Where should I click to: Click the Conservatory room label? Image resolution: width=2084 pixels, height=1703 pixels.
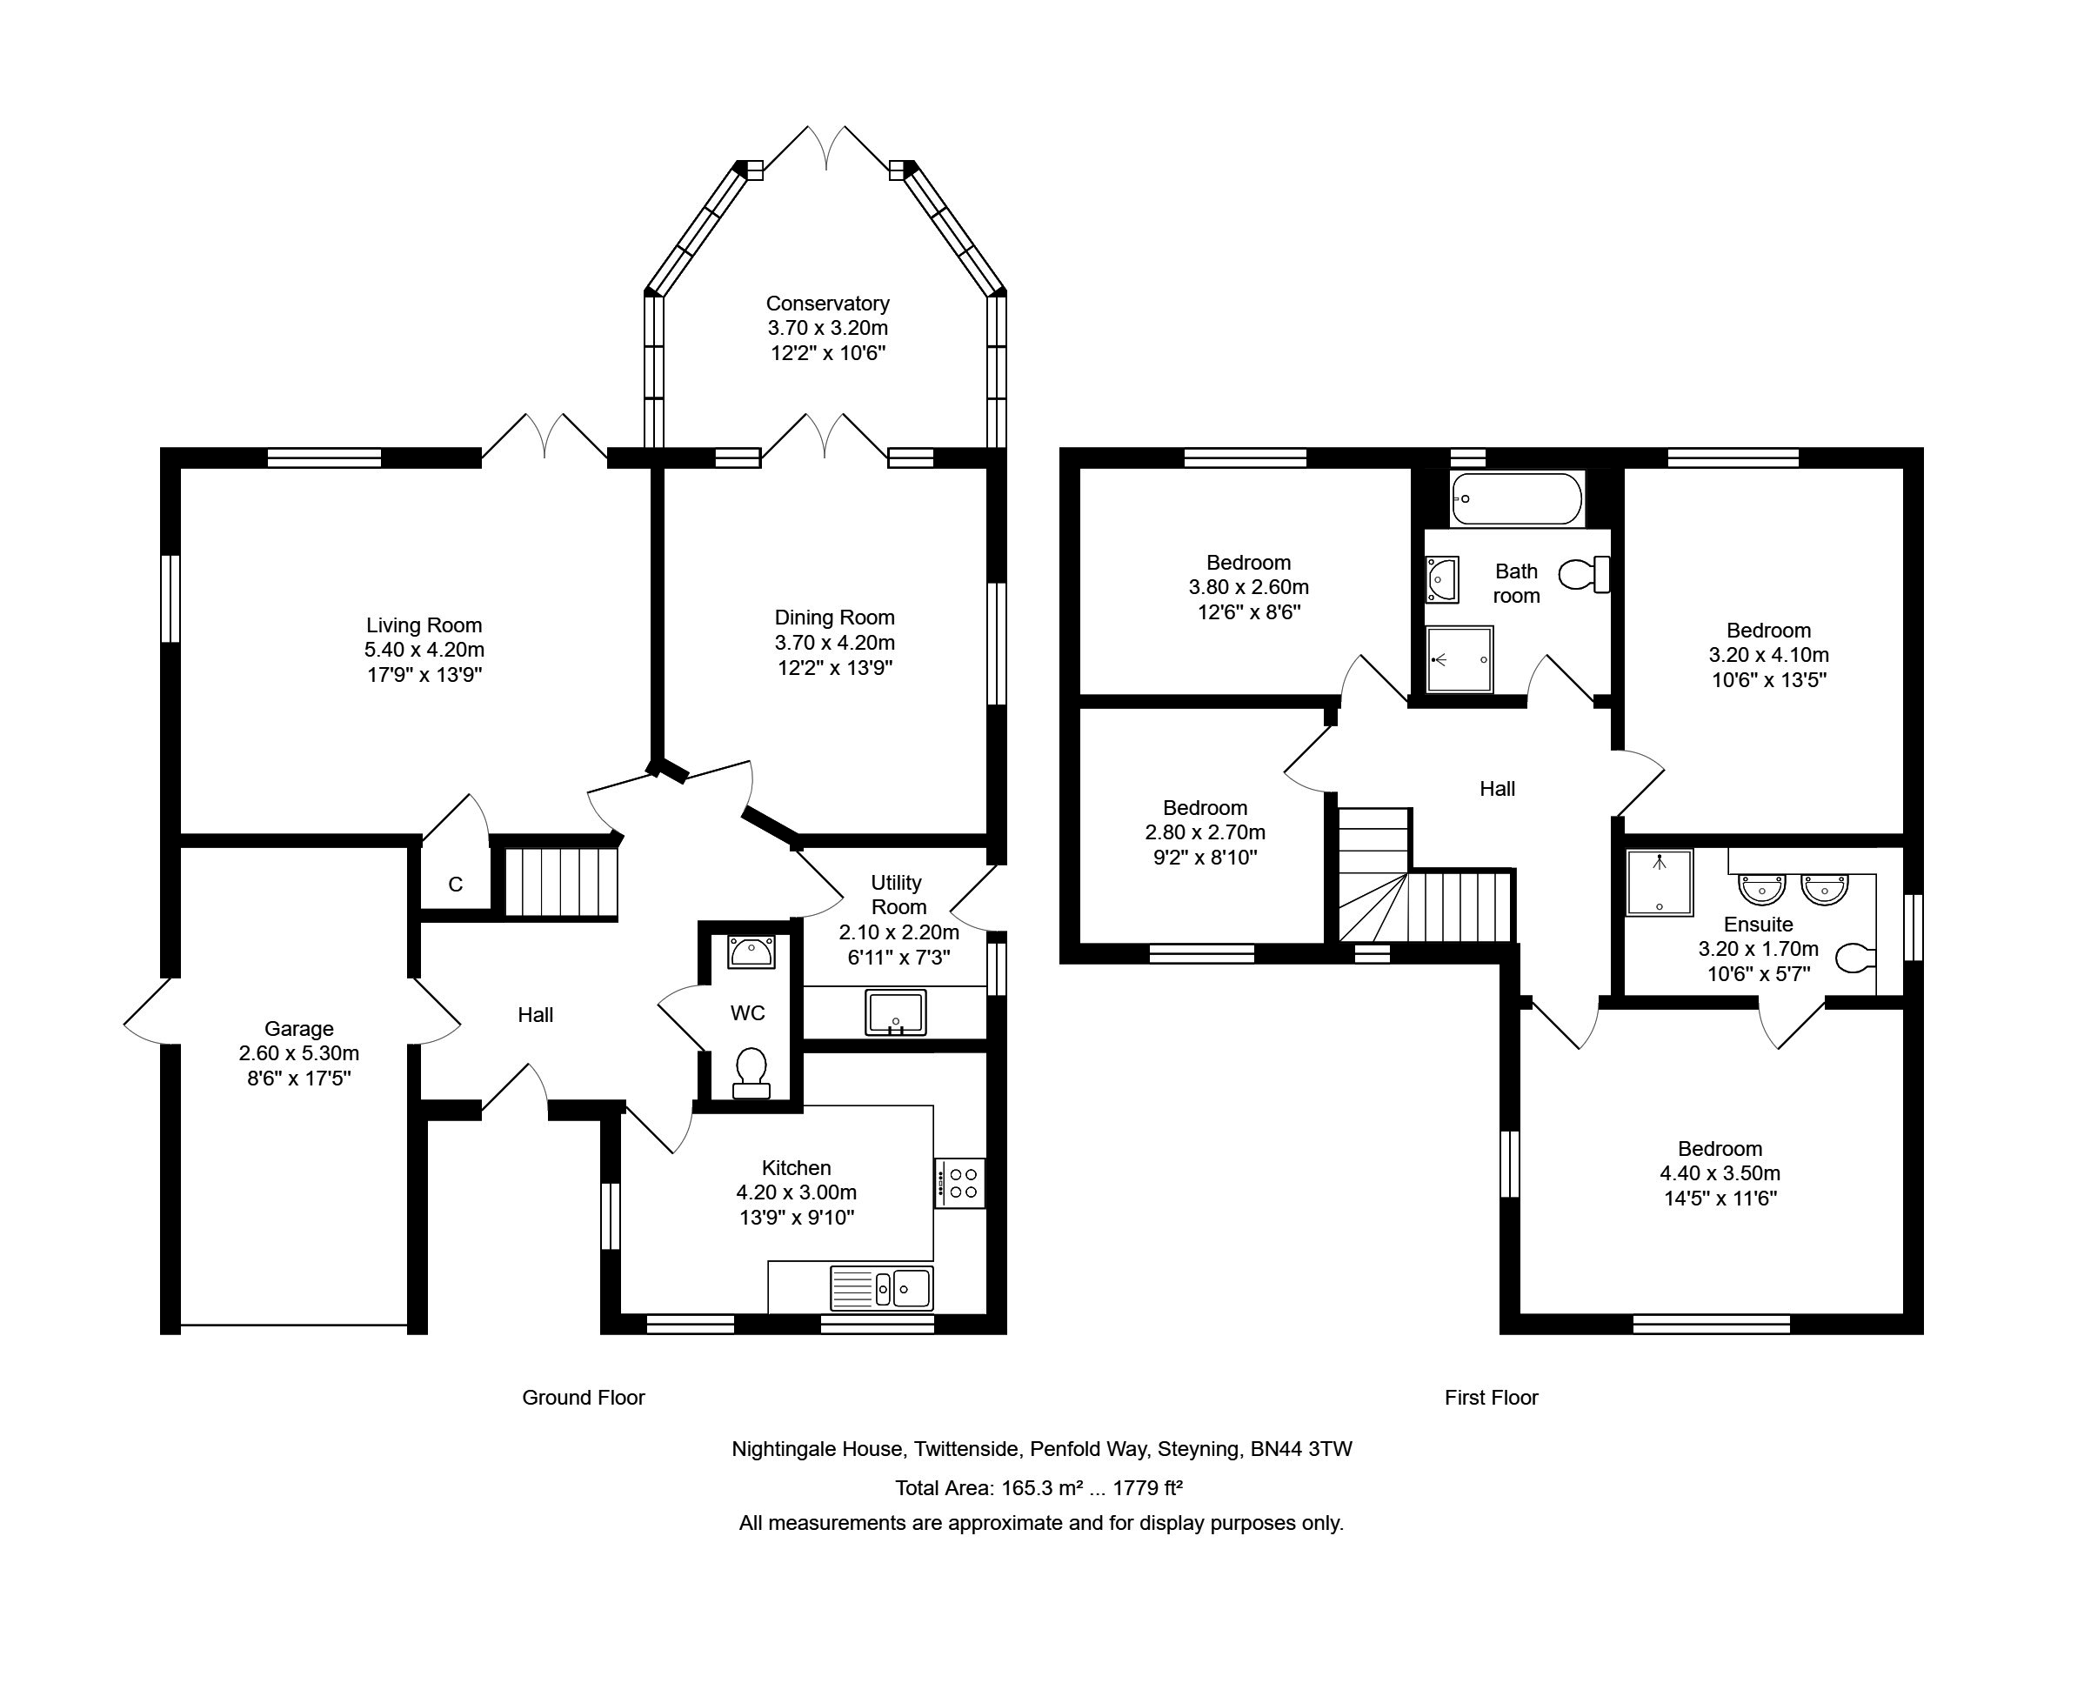click(x=827, y=304)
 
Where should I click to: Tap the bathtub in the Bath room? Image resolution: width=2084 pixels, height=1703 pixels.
click(x=1516, y=499)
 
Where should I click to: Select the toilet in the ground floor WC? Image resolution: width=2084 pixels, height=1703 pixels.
click(x=751, y=1073)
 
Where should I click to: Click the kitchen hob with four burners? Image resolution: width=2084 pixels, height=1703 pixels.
click(x=959, y=1183)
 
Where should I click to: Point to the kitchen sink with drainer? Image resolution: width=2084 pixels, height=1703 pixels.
click(x=881, y=1288)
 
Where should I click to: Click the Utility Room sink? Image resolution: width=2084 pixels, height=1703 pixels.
click(x=895, y=1012)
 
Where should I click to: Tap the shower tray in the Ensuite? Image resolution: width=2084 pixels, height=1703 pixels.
click(x=1660, y=883)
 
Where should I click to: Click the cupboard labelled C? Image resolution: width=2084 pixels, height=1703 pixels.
click(x=455, y=884)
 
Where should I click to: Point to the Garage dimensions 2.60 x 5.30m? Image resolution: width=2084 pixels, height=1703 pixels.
click(x=299, y=1053)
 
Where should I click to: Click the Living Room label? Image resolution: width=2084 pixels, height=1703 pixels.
click(x=424, y=624)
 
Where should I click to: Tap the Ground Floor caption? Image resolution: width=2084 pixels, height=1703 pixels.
click(x=584, y=1397)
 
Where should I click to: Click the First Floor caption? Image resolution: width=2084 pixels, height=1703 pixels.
click(x=1492, y=1397)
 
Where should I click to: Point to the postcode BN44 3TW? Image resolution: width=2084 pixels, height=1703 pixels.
click(x=1301, y=1449)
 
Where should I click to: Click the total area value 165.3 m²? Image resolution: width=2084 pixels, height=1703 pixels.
click(x=1042, y=1488)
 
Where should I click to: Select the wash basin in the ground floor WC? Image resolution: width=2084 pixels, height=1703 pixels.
click(x=751, y=951)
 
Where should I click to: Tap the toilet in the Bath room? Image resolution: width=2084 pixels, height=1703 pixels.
click(x=1584, y=574)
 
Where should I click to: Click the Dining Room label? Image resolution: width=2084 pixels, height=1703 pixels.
click(x=835, y=617)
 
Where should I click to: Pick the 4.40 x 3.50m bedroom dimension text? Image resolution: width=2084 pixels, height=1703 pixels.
click(x=1720, y=1173)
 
